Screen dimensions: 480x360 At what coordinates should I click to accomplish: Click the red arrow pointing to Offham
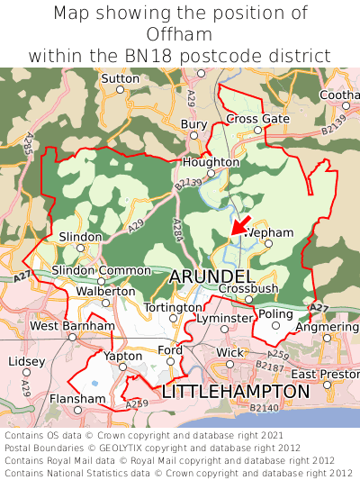(240, 223)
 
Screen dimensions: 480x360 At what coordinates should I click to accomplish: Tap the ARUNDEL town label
(211, 275)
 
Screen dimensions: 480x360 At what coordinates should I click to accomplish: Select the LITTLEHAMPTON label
(235, 392)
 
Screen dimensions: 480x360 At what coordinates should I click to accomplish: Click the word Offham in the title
(180, 34)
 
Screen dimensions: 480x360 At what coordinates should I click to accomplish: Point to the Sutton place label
(121, 79)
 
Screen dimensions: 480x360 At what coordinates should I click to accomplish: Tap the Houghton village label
(211, 162)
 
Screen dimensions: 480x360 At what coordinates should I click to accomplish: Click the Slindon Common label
(102, 270)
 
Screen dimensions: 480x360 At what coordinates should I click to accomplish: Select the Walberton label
(105, 291)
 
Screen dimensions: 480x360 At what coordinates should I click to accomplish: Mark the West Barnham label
(72, 325)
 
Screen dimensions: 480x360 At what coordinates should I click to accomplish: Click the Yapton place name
(123, 356)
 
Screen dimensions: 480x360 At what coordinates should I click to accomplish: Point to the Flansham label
(77, 398)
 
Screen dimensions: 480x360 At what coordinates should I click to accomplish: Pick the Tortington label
(174, 307)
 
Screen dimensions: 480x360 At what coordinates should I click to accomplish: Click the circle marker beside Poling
(277, 326)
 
